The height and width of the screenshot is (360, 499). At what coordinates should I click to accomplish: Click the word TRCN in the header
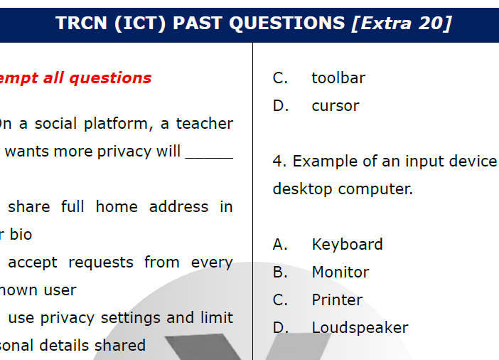[x=80, y=23]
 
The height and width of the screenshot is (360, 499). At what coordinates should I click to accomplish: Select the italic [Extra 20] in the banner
[x=402, y=23]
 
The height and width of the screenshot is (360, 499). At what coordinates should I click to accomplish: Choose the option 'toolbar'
[x=338, y=78]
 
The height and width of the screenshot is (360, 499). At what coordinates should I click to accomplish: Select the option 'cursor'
[x=336, y=105]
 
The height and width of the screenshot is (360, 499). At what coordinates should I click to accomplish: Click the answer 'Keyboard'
[x=347, y=244]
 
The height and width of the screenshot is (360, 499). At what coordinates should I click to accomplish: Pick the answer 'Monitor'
[x=340, y=272]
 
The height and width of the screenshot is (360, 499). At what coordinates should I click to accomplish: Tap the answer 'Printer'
[x=337, y=300]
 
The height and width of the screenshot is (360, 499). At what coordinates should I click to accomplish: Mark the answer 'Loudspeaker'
[x=360, y=327]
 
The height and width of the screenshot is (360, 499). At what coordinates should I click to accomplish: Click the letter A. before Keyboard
[x=280, y=244]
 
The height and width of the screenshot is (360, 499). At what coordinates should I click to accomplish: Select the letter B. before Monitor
[x=280, y=272]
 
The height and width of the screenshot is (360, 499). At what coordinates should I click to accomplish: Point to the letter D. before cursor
[x=281, y=105]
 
